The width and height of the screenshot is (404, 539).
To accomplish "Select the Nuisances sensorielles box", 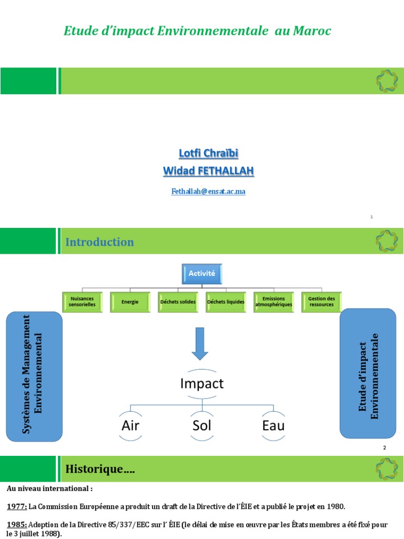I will [x=82, y=302].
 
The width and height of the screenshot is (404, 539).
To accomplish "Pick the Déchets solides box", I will [x=178, y=302].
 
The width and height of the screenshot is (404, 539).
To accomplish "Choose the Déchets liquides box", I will [x=226, y=302].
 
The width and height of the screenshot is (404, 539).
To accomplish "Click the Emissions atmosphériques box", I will [x=274, y=302].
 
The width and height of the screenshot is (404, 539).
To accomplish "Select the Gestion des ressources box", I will [x=321, y=302].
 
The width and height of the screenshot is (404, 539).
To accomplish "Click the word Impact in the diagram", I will [x=202, y=384].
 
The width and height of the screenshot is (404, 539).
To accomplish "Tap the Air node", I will [x=130, y=425].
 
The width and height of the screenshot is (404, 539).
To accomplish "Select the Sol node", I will [x=202, y=425].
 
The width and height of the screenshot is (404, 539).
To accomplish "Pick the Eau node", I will [x=273, y=425].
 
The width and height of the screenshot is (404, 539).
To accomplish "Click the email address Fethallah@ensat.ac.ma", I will [x=208, y=192].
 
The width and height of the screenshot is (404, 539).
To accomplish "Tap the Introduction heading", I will [x=99, y=242].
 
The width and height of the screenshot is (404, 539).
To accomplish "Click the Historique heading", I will [x=100, y=469].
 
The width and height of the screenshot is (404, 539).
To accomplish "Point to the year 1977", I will [x=17, y=507].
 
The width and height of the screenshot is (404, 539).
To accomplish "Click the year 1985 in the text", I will [x=17, y=525].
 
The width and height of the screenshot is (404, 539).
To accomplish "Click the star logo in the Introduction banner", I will [x=386, y=241].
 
